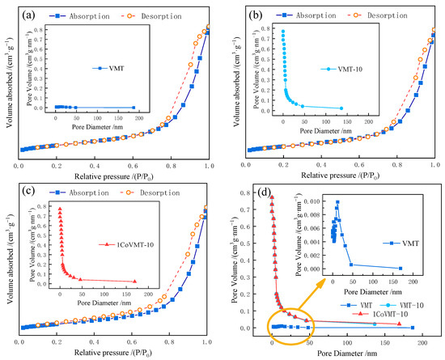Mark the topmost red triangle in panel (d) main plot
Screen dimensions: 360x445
click(272, 197)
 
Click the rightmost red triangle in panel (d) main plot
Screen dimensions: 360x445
click(398, 324)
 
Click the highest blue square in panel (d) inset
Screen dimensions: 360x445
click(337, 201)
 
